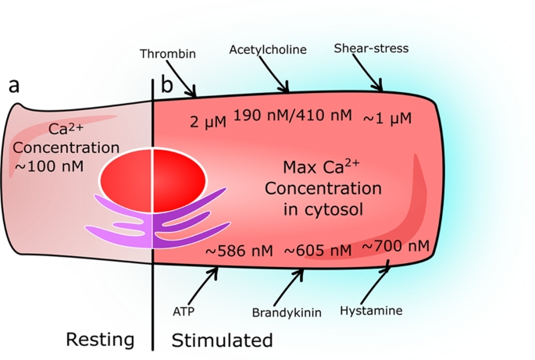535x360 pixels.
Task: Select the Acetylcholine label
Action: click(x=267, y=49)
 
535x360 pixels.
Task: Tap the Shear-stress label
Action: click(x=371, y=48)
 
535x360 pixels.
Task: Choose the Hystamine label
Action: click(x=371, y=311)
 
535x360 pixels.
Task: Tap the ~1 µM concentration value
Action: click(x=387, y=119)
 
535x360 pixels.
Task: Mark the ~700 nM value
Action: click(x=396, y=247)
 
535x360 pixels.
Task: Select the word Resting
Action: click(x=100, y=340)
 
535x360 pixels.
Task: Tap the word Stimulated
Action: click(x=222, y=340)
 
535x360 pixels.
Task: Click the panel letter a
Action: click(x=14, y=87)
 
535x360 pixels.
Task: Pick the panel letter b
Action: click(x=166, y=86)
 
